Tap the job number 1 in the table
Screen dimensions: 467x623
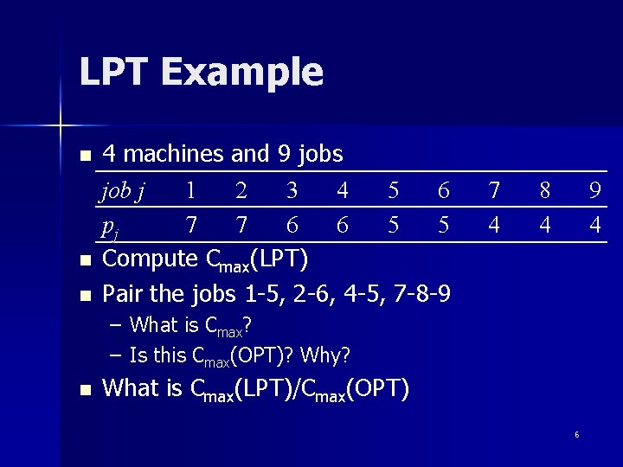coord(190,190)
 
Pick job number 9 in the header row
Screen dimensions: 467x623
coord(594,190)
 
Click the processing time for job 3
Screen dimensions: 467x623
coord(292,225)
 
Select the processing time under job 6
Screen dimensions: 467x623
coord(444,225)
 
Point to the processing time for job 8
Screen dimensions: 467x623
coord(544,225)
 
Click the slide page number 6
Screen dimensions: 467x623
coord(576,434)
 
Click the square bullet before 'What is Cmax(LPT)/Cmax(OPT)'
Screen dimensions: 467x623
coord(84,390)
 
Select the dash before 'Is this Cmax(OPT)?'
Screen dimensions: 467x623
coord(116,355)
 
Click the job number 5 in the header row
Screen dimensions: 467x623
coord(394,190)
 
